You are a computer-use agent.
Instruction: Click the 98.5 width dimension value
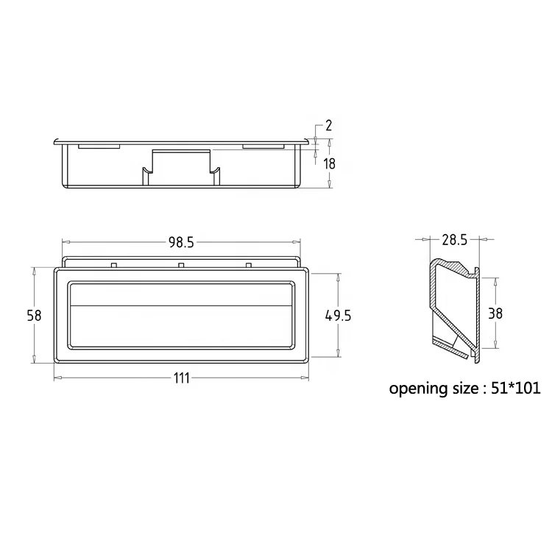[181, 243]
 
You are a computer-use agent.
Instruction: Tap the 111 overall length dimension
[182, 378]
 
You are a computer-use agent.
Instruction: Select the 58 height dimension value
[34, 316]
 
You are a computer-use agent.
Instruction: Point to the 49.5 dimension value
[338, 316]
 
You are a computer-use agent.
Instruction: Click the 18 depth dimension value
[330, 164]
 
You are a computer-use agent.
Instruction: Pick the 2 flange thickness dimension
[328, 126]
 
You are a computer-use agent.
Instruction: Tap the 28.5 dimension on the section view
[455, 240]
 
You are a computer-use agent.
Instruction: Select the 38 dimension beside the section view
[495, 314]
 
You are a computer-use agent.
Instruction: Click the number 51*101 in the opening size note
[515, 389]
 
